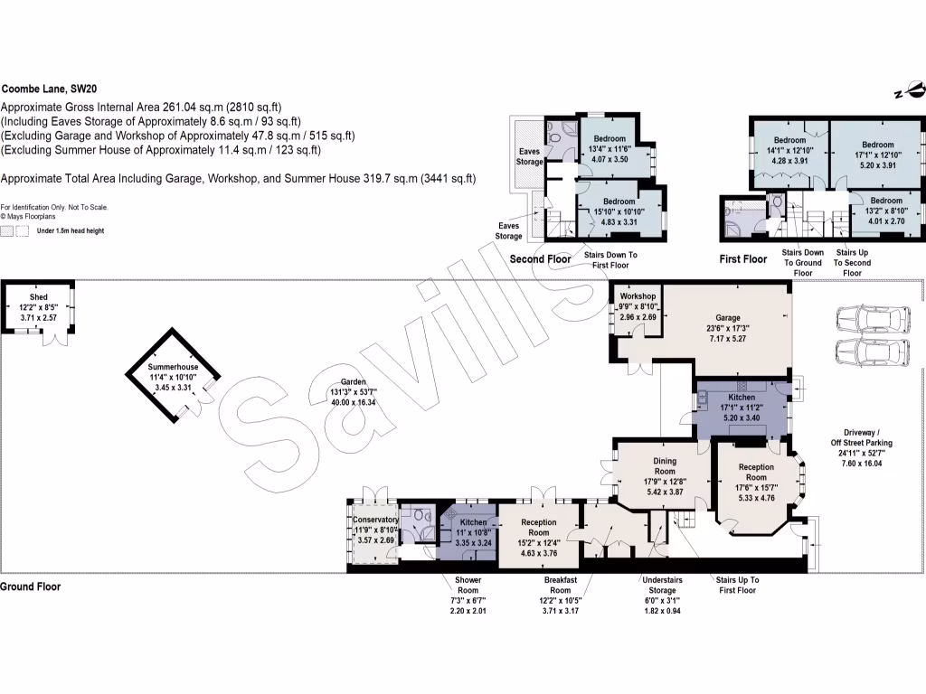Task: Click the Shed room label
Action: tap(38, 296)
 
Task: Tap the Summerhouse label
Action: tap(173, 368)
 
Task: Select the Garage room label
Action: tap(728, 318)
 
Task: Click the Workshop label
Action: tap(638, 296)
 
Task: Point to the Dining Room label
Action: tap(665, 465)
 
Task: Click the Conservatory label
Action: tap(375, 520)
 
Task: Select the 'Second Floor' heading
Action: tap(540, 259)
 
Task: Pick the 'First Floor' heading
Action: tap(743, 259)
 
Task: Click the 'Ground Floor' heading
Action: tap(31, 586)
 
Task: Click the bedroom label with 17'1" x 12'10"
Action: tap(877, 145)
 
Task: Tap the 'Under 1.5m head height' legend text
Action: tap(70, 231)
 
